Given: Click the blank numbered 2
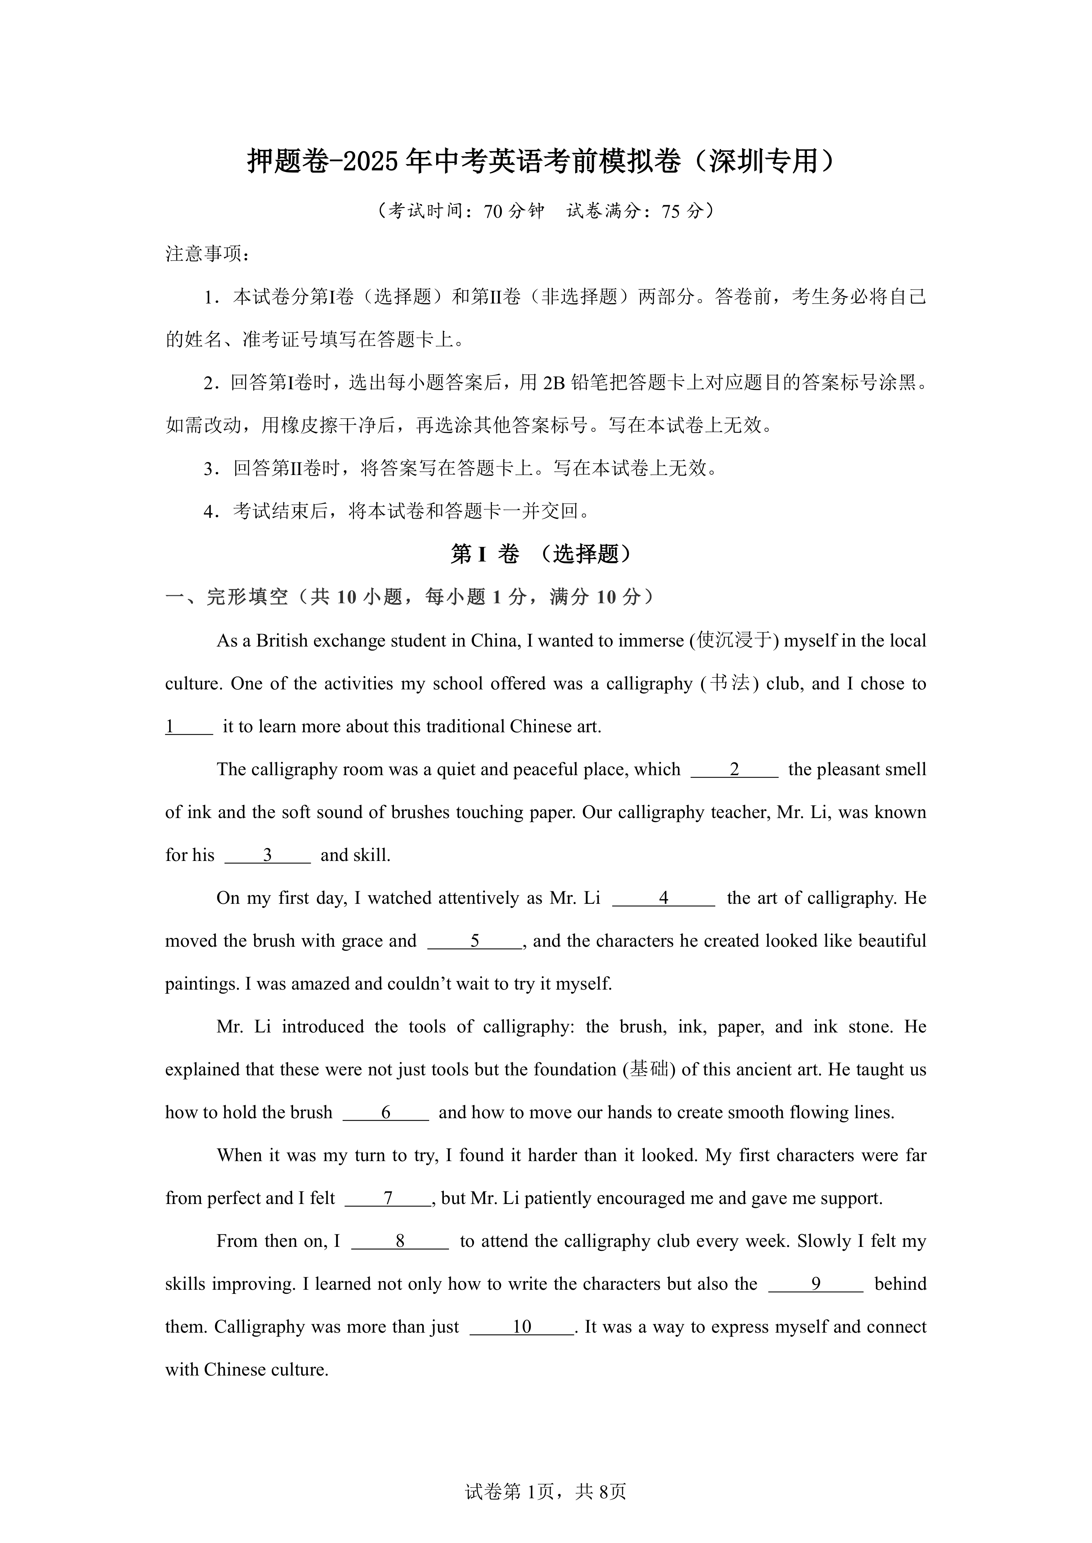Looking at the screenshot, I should (x=734, y=770).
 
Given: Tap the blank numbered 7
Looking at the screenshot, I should (x=388, y=1198).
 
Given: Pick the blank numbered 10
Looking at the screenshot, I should (x=522, y=1327).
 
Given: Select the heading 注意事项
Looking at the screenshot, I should (x=207, y=254).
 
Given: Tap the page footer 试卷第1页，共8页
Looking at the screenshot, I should (x=545, y=1511).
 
